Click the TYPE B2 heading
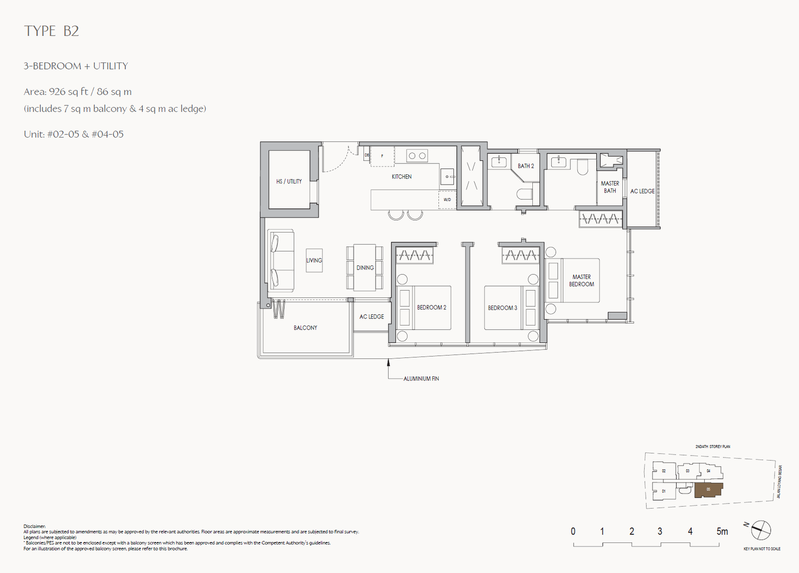coord(51,31)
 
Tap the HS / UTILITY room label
coord(289,181)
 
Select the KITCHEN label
coord(401,176)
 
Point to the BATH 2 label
coord(525,166)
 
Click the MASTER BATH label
coord(610,187)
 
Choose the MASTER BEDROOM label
coord(581,280)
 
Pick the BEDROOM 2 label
coord(431,307)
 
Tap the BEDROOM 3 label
coord(502,308)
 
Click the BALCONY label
coord(305,328)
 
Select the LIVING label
coord(314,260)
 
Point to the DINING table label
coord(365,268)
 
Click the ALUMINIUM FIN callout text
coord(421,379)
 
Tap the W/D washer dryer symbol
coord(447,199)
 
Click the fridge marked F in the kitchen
coord(383,156)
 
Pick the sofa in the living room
coord(280,260)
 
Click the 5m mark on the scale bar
coord(722,531)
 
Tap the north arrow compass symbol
coord(761,530)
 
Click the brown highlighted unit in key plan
coord(708,490)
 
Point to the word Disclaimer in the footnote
coord(34,526)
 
